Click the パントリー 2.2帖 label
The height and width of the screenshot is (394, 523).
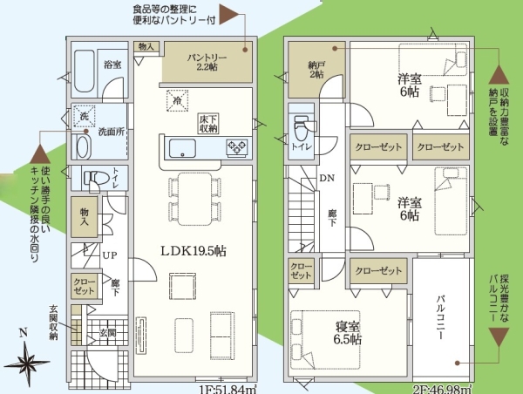[x=206, y=60]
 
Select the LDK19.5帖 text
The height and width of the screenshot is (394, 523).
[x=194, y=250]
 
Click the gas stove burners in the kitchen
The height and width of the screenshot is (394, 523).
[x=236, y=148]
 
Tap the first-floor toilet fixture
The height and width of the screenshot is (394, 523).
[x=93, y=179]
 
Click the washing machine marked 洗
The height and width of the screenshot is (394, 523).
[x=85, y=117]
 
